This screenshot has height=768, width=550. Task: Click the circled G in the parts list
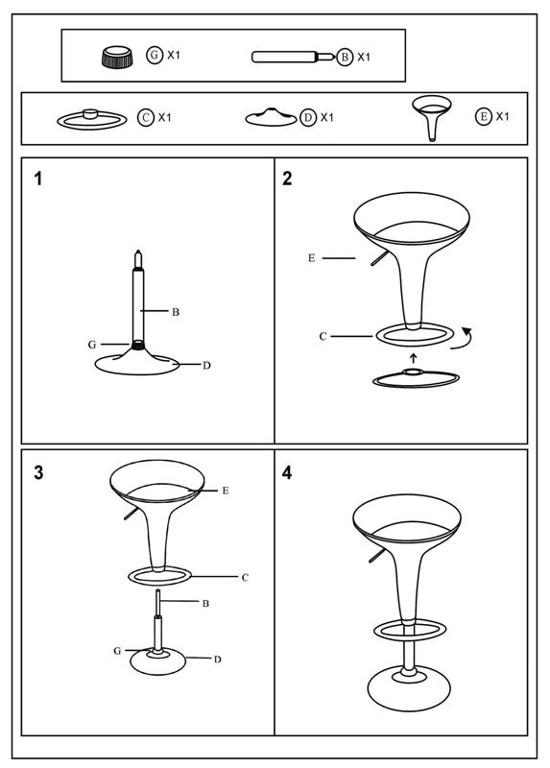pyautogui.click(x=155, y=55)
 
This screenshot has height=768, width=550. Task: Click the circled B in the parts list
pyautogui.click(x=345, y=57)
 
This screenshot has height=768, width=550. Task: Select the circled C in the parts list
pyautogui.click(x=146, y=117)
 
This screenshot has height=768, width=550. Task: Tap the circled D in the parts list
pyautogui.click(x=308, y=117)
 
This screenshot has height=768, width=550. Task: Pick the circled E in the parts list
pyautogui.click(x=484, y=116)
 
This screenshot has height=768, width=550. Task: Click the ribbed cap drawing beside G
pyautogui.click(x=117, y=57)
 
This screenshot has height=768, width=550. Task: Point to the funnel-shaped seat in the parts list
pyautogui.click(x=432, y=118)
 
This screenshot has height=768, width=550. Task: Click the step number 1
pyautogui.click(x=38, y=179)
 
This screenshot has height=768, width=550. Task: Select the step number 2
pyautogui.click(x=287, y=179)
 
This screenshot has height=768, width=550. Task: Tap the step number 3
pyautogui.click(x=38, y=472)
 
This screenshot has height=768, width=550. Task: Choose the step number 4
pyautogui.click(x=287, y=472)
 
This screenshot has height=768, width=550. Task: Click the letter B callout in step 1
pyautogui.click(x=176, y=312)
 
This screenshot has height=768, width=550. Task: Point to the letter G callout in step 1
pyautogui.click(x=92, y=345)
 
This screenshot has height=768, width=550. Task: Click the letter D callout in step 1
pyautogui.click(x=206, y=366)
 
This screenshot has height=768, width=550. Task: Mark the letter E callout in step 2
pyautogui.click(x=312, y=258)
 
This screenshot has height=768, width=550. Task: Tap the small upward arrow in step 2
pyautogui.click(x=414, y=357)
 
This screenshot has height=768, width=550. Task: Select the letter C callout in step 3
pyautogui.click(x=245, y=578)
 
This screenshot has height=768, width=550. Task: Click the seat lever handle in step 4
pyautogui.click(x=377, y=556)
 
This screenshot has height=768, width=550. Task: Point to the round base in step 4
pyautogui.click(x=408, y=688)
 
